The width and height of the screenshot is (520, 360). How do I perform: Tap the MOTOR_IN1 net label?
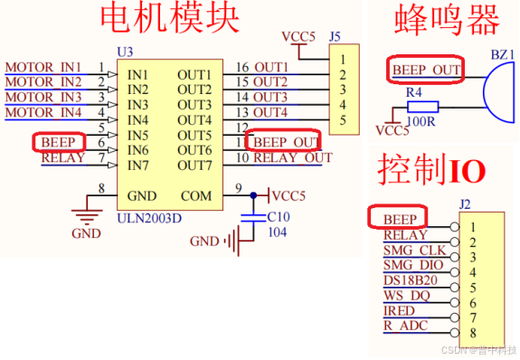tap(43, 67)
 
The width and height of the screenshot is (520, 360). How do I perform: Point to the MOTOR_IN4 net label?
tap(43, 112)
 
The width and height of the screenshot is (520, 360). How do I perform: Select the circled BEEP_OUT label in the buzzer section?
tap(425, 69)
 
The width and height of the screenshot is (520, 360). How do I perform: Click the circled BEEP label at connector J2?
tap(399, 219)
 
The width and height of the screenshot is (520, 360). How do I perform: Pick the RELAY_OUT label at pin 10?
tap(292, 157)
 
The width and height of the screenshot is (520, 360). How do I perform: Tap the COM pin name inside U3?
tap(196, 195)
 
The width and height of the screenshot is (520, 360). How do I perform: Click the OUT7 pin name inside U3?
tap(194, 165)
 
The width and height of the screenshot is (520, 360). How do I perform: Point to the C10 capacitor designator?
tap(279, 216)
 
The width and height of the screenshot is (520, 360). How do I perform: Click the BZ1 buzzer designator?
tap(503, 54)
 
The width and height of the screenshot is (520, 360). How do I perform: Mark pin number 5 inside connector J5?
tap(343, 119)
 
